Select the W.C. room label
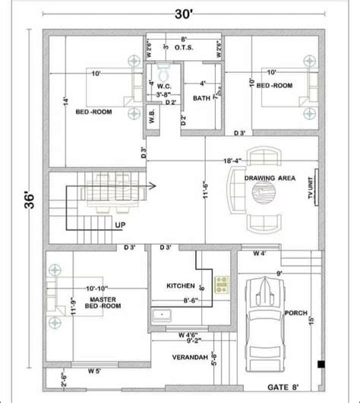coord(163,87)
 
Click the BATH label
coord(202,98)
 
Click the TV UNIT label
coord(311,186)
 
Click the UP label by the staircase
coord(120,225)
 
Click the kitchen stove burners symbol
coord(222,286)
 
